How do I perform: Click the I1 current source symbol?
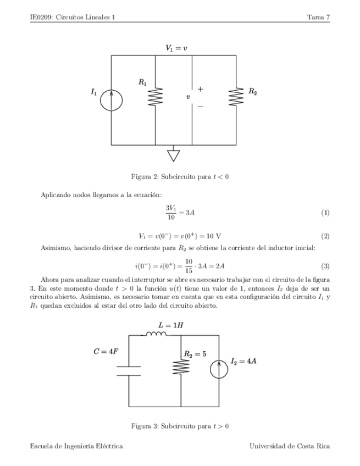pos(112,100)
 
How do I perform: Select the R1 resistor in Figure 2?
pos(157,97)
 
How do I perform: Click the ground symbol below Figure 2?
pos(174,155)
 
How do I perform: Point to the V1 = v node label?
pos(176,48)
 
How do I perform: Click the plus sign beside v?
pos(200,88)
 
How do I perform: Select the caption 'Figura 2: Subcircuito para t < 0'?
pos(180,177)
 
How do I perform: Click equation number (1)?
pos(325,213)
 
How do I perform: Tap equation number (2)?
pos(325,237)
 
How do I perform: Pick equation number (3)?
pos(325,267)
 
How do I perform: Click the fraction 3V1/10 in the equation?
pos(170,212)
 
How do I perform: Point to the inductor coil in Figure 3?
pos(156,332)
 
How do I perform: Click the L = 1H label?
pos(170,325)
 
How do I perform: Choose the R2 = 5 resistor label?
pos(195,354)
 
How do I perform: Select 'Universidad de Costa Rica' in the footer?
pos(290,447)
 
